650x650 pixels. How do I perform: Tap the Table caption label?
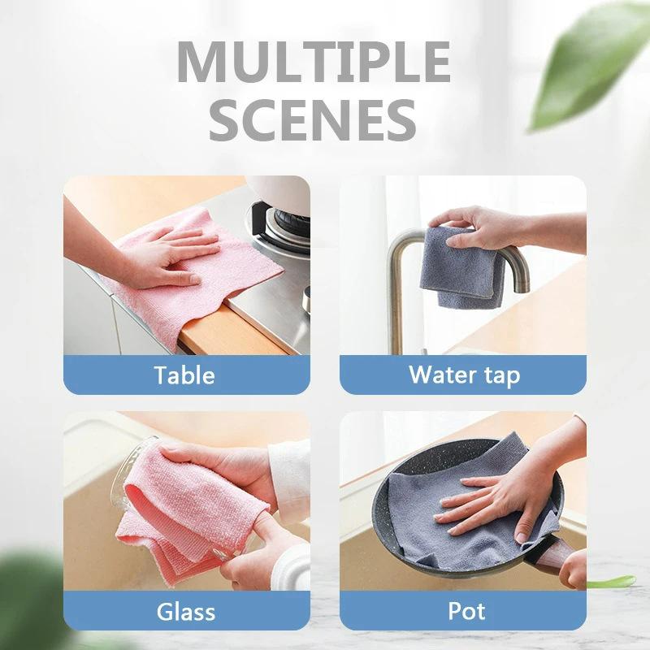185,375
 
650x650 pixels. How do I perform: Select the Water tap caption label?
464,375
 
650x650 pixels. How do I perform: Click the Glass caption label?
185,611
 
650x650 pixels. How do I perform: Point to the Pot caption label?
463,611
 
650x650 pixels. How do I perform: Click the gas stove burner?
284,219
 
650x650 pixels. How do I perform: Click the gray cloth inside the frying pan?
422,520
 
